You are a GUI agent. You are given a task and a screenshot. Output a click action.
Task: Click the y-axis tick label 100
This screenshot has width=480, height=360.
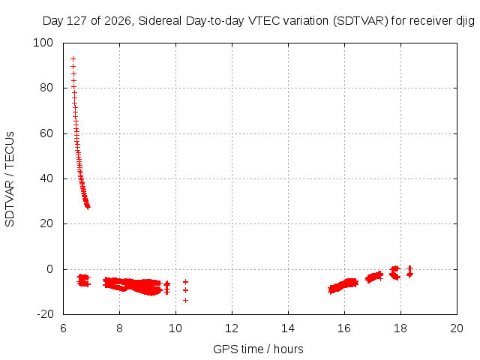coord(43,43)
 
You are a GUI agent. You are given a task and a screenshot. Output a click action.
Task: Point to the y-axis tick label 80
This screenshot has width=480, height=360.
coord(46,88)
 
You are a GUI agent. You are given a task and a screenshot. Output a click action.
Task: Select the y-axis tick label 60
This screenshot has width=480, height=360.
coord(46,133)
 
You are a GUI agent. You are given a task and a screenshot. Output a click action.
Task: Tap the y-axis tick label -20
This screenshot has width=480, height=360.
coord(45,314)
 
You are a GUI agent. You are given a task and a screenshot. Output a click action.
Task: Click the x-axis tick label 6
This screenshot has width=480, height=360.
coord(63,328)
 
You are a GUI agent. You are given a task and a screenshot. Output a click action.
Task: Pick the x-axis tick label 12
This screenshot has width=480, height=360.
coord(232,328)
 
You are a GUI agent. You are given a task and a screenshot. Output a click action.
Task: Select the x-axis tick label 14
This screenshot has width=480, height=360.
coord(288,328)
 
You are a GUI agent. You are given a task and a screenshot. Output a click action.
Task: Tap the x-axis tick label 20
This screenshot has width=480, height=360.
coord(457,328)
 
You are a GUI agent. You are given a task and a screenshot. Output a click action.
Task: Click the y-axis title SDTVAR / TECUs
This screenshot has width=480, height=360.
coord(10,179)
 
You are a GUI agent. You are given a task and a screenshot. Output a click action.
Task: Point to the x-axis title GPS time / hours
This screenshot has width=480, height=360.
coord(258,349)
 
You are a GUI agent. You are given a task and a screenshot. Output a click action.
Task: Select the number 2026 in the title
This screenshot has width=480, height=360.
coord(118,21)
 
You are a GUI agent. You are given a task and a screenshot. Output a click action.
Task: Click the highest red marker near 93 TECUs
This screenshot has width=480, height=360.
coord(73,58)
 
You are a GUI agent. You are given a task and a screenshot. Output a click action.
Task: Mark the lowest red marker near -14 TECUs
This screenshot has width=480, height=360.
coord(185,300)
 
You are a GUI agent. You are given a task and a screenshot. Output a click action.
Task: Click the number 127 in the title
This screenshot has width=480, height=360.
coord(76,21)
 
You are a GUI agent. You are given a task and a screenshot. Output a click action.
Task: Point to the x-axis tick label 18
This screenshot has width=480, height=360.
coord(400,328)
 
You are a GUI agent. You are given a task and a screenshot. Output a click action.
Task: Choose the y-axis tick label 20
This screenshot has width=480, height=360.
coord(46,223)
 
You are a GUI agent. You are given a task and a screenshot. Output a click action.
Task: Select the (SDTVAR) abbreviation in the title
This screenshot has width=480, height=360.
coord(361,21)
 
